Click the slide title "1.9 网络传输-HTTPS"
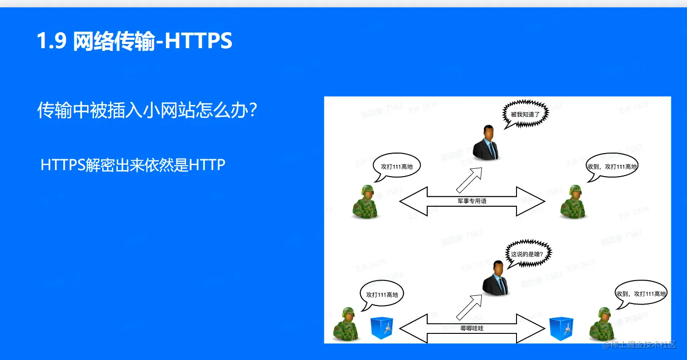click(x=134, y=41)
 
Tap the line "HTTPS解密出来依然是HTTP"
click(x=133, y=165)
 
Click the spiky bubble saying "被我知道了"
click(x=525, y=114)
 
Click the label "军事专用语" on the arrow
click(x=472, y=201)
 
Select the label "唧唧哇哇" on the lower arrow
click(x=472, y=328)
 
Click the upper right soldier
click(x=573, y=202)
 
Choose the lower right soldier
click(x=602, y=324)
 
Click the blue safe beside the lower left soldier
click(x=382, y=328)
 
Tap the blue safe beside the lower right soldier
click(x=561, y=328)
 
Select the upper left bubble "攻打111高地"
click(x=396, y=166)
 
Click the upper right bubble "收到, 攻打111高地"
click(x=612, y=167)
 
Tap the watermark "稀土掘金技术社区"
click(x=639, y=345)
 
